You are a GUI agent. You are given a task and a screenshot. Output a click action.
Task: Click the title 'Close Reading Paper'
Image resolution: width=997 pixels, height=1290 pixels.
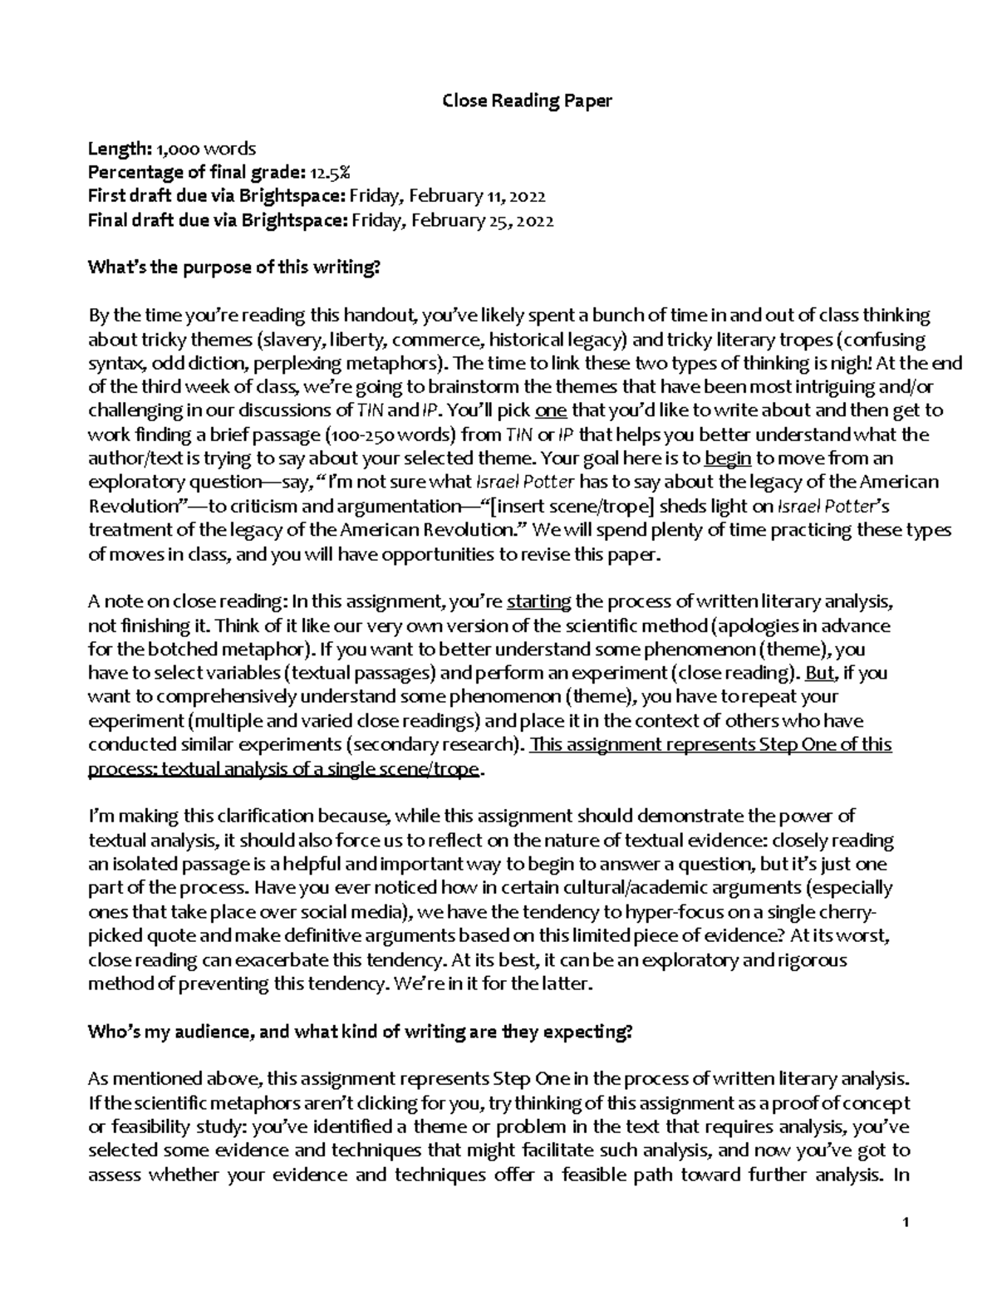coord(527,101)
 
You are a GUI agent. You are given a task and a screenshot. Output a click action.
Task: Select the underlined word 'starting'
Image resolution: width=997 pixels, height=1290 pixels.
coord(538,601)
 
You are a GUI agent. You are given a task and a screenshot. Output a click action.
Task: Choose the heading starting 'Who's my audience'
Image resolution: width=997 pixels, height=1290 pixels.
coord(361,1032)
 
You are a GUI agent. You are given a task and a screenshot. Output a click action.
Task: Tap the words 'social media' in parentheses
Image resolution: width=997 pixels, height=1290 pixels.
coord(354,911)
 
